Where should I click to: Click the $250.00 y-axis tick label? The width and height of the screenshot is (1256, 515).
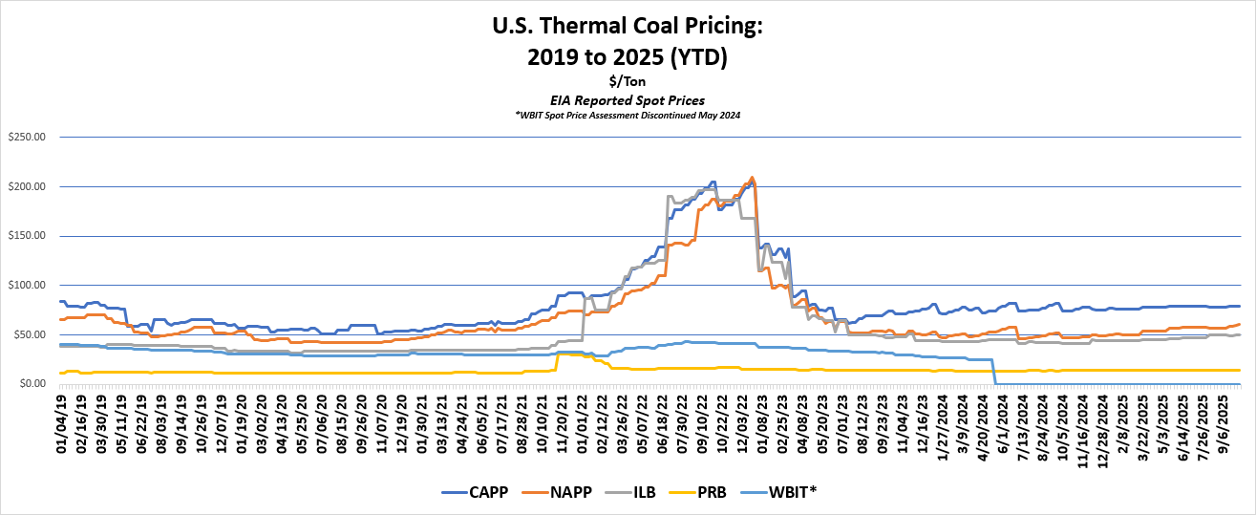(x=26, y=137)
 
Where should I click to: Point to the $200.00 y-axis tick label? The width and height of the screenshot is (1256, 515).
(x=26, y=186)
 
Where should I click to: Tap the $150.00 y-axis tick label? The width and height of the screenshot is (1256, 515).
(x=26, y=236)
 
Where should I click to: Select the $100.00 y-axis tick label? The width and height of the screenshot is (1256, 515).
(x=26, y=285)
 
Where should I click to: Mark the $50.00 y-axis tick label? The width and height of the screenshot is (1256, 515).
(x=29, y=334)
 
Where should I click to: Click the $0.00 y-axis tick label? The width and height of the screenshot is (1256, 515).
(x=32, y=384)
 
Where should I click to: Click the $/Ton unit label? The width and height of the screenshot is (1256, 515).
(x=627, y=82)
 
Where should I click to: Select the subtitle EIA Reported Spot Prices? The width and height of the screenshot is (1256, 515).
(x=627, y=99)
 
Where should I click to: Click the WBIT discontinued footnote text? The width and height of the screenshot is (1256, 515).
(x=627, y=115)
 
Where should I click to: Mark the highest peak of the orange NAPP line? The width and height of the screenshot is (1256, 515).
(x=752, y=177)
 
